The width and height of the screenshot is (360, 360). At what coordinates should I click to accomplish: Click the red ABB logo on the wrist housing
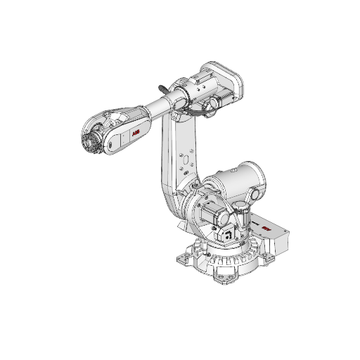[x=135, y=131]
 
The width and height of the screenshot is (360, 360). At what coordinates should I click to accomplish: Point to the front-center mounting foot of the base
[x=229, y=279]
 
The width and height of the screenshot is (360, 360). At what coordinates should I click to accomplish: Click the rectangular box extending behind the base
[x=278, y=232]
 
